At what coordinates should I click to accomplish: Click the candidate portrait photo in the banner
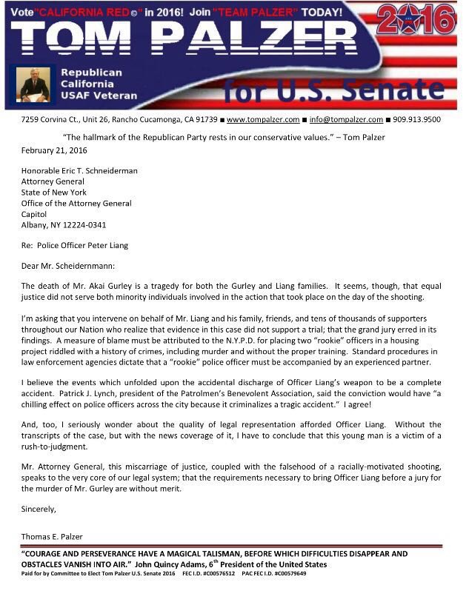[33, 84]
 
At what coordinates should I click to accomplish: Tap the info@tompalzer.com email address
[346, 119]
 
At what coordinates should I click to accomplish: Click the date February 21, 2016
[54, 150]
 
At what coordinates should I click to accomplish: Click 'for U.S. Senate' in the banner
[333, 90]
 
